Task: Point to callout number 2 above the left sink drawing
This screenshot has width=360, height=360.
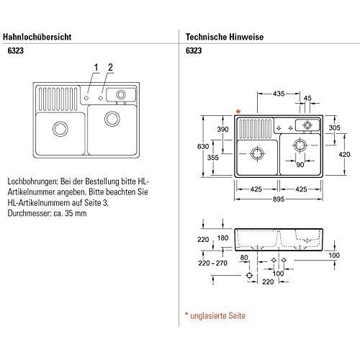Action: pos(110,68)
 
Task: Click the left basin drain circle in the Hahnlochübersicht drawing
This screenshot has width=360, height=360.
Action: pos(59,130)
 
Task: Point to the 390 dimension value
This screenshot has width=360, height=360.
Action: pos(222,129)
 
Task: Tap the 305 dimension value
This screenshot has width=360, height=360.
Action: pos(334,127)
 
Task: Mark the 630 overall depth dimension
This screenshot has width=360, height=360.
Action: pos(203,148)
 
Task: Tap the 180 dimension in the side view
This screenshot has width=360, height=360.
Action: pos(223,238)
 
